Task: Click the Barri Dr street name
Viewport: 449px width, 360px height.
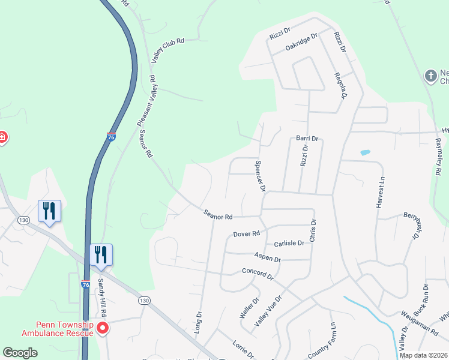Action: tap(307, 138)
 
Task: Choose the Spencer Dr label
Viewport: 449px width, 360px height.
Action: tap(260, 176)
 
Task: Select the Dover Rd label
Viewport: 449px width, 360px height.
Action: tap(246, 233)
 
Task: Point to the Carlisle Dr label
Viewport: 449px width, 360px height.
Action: tap(289, 244)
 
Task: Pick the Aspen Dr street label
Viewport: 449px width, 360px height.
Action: tap(268, 257)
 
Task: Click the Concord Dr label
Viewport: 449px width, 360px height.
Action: tap(257, 273)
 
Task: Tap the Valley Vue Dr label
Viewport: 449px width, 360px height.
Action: tap(268, 311)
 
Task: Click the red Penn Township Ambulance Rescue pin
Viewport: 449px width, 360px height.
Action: tap(102, 328)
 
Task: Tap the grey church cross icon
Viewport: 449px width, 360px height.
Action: tap(430, 76)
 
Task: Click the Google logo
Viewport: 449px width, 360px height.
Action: tap(20, 353)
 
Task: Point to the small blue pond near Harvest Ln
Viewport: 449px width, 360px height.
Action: tap(365, 152)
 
